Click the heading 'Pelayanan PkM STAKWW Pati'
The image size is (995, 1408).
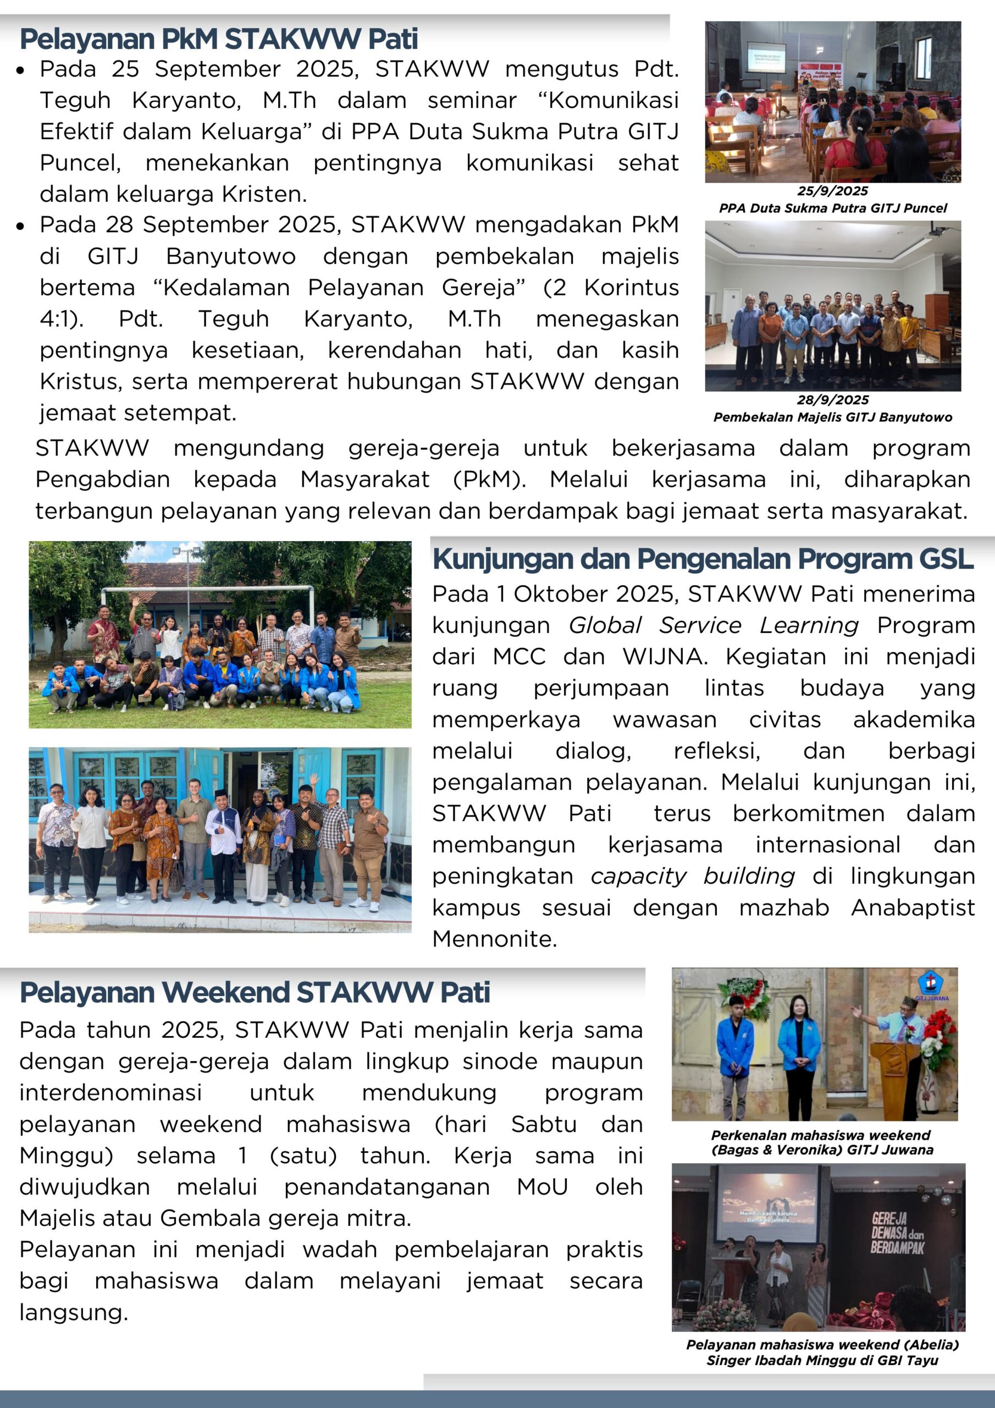coord(219,39)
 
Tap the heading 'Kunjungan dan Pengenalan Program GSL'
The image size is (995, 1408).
coord(703,559)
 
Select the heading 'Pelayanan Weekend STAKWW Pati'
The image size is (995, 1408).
coord(255,992)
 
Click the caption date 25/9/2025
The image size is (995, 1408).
coord(832,191)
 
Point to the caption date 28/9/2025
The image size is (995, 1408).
coord(832,400)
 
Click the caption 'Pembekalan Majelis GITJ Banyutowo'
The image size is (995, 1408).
coord(832,417)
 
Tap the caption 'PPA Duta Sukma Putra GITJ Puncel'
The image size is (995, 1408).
coord(832,208)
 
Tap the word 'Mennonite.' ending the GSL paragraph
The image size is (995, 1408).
coord(494,938)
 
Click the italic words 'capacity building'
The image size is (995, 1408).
coord(693,876)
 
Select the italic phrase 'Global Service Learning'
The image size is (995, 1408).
coord(714,625)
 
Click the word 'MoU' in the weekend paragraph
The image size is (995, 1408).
coord(543,1186)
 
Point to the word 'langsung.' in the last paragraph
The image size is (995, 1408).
coord(74,1312)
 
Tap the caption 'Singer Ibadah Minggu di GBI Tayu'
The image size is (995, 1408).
coord(822,1360)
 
